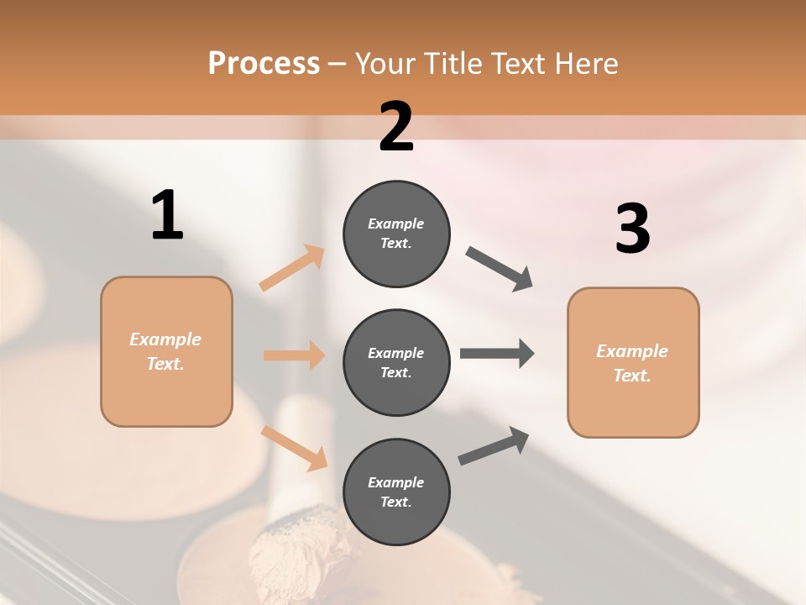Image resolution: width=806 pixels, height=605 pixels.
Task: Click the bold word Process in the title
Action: (x=264, y=64)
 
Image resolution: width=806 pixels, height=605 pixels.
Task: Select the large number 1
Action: (x=167, y=216)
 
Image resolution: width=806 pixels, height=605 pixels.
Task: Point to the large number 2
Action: (x=396, y=127)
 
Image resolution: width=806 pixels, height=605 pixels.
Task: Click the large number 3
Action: (x=632, y=229)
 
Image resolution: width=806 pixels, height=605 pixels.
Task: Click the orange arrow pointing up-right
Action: (x=292, y=268)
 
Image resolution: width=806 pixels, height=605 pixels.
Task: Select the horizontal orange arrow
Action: (x=294, y=355)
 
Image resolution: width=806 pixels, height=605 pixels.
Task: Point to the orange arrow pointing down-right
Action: (x=295, y=447)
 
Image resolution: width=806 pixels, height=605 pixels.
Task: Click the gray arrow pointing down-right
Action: (x=500, y=269)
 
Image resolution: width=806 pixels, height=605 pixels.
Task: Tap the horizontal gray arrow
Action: (x=497, y=353)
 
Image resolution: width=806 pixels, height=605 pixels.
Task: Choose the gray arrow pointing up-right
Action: (x=494, y=445)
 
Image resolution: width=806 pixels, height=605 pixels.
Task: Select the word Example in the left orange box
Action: (x=165, y=339)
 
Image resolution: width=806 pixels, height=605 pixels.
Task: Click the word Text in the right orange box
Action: (x=631, y=376)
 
